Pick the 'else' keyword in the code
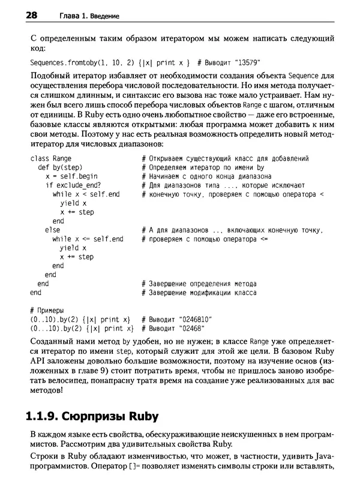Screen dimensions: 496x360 point(52,230)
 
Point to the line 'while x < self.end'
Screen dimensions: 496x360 point(86,194)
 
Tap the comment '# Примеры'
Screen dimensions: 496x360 point(46,310)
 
